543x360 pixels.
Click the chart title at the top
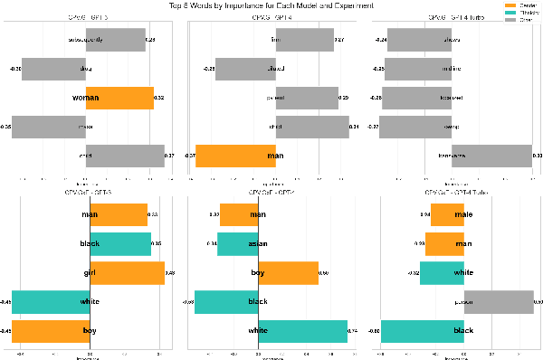[271, 5]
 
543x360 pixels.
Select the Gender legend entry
[522, 5]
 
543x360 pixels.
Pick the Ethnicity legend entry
[524, 11]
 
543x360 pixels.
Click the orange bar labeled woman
[119, 98]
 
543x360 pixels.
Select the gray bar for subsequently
[115, 41]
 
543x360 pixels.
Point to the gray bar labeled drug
[53, 69]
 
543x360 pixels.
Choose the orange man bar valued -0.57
[235, 156]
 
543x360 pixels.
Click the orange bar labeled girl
[128, 272]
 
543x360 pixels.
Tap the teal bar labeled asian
[237, 243]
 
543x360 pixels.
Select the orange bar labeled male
[447, 214]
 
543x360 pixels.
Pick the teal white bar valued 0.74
[302, 331]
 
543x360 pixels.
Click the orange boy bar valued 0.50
[288, 272]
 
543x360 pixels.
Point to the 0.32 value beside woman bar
[159, 98]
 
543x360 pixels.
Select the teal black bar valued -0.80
[423, 331]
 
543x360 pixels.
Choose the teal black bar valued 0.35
[120, 243]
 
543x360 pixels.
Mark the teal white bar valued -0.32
[442, 272]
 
